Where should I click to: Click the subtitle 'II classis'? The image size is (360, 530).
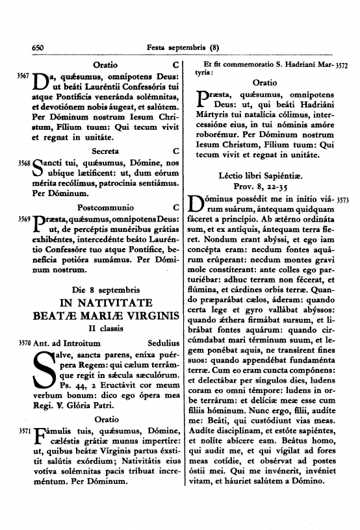[105, 329]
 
